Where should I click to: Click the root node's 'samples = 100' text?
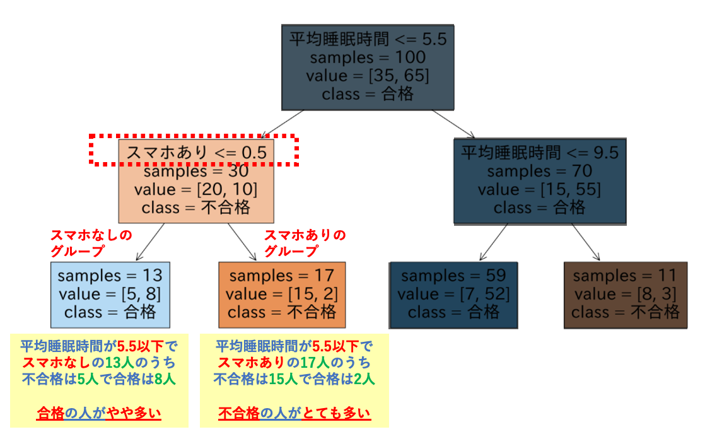(368, 57)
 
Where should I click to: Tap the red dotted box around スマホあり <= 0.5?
(194, 136)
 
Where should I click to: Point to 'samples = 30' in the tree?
(196, 172)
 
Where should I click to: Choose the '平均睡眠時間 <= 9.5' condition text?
(540, 153)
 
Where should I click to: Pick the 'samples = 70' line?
(540, 172)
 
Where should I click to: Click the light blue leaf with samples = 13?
(110, 295)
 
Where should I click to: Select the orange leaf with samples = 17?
(282, 295)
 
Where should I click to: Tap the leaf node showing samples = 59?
(453, 295)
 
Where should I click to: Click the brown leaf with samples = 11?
(626, 295)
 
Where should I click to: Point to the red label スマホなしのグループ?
(91, 243)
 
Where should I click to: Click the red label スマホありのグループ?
(305, 243)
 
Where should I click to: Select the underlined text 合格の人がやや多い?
(99, 413)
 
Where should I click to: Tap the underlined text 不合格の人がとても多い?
(294, 413)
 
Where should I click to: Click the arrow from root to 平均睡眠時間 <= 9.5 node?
(453, 124)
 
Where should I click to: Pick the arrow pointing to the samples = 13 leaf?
(150, 242)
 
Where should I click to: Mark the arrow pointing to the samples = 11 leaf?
(586, 242)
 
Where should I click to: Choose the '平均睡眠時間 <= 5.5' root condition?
(368, 39)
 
